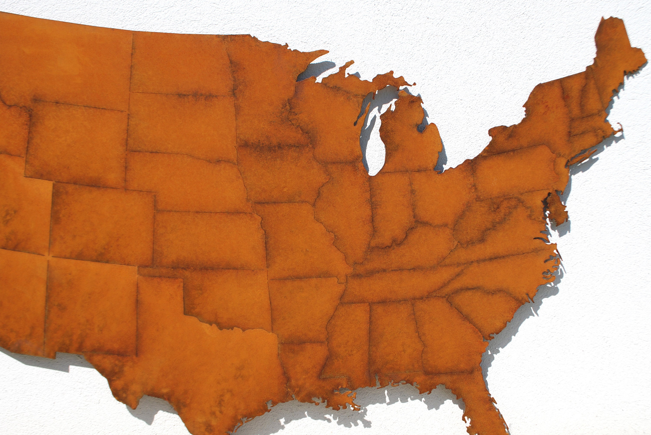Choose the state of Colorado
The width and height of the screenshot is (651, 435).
103,222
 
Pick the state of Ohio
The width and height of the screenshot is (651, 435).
439,197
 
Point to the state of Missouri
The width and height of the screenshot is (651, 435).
300,241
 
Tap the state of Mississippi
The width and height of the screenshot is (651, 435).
347,341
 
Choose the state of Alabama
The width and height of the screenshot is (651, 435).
395,338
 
